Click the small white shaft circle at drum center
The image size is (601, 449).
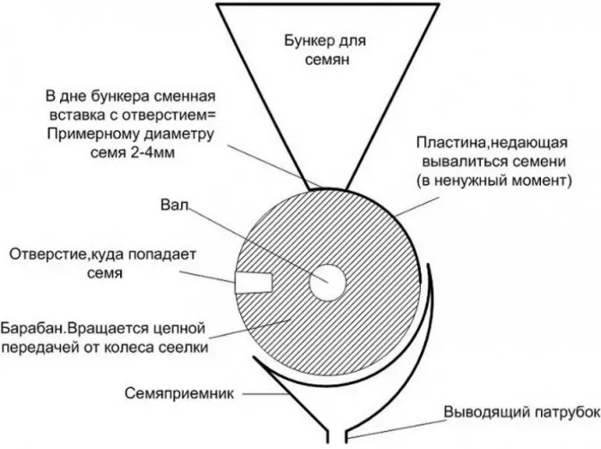point(327,281)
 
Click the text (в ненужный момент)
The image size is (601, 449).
point(493,180)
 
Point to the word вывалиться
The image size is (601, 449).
point(466,162)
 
